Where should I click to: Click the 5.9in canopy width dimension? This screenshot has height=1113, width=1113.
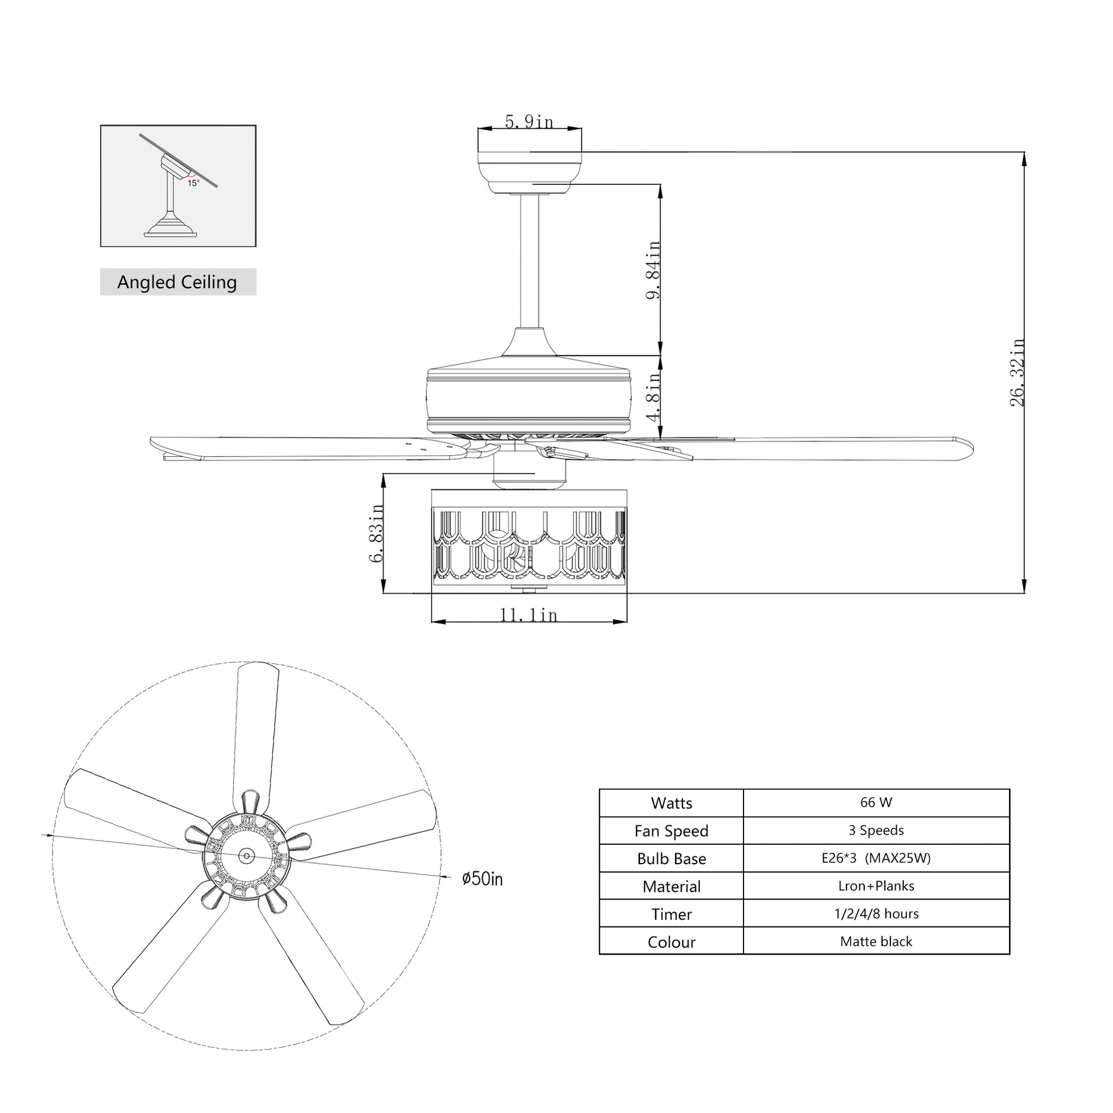pos(529,122)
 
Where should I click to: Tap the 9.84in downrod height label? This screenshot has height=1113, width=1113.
pos(653,269)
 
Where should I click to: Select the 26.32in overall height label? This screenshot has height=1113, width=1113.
pos(1017,372)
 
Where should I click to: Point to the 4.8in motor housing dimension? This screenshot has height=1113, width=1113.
pos(653,397)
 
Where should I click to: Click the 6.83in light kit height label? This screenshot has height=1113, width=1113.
pos(376,533)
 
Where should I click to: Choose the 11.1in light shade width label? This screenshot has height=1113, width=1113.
pos(528,615)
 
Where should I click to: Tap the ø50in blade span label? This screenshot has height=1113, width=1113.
pos(482,879)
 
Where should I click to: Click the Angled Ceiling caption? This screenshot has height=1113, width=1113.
pos(177,282)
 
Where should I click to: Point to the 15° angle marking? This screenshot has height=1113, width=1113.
pos(193,183)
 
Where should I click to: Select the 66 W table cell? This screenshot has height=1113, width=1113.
pos(876,802)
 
